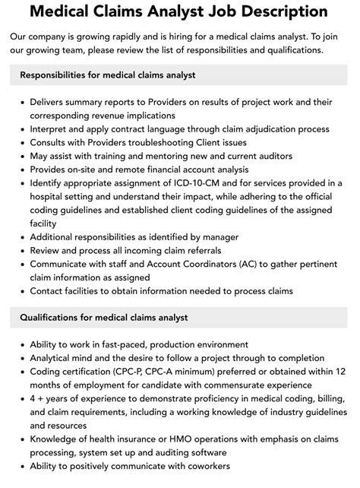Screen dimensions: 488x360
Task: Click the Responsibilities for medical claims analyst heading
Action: point(108,74)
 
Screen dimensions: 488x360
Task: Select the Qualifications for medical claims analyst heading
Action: point(104,317)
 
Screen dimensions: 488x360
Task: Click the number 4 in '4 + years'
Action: point(33,399)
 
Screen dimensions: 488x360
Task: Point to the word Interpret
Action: point(52,128)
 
